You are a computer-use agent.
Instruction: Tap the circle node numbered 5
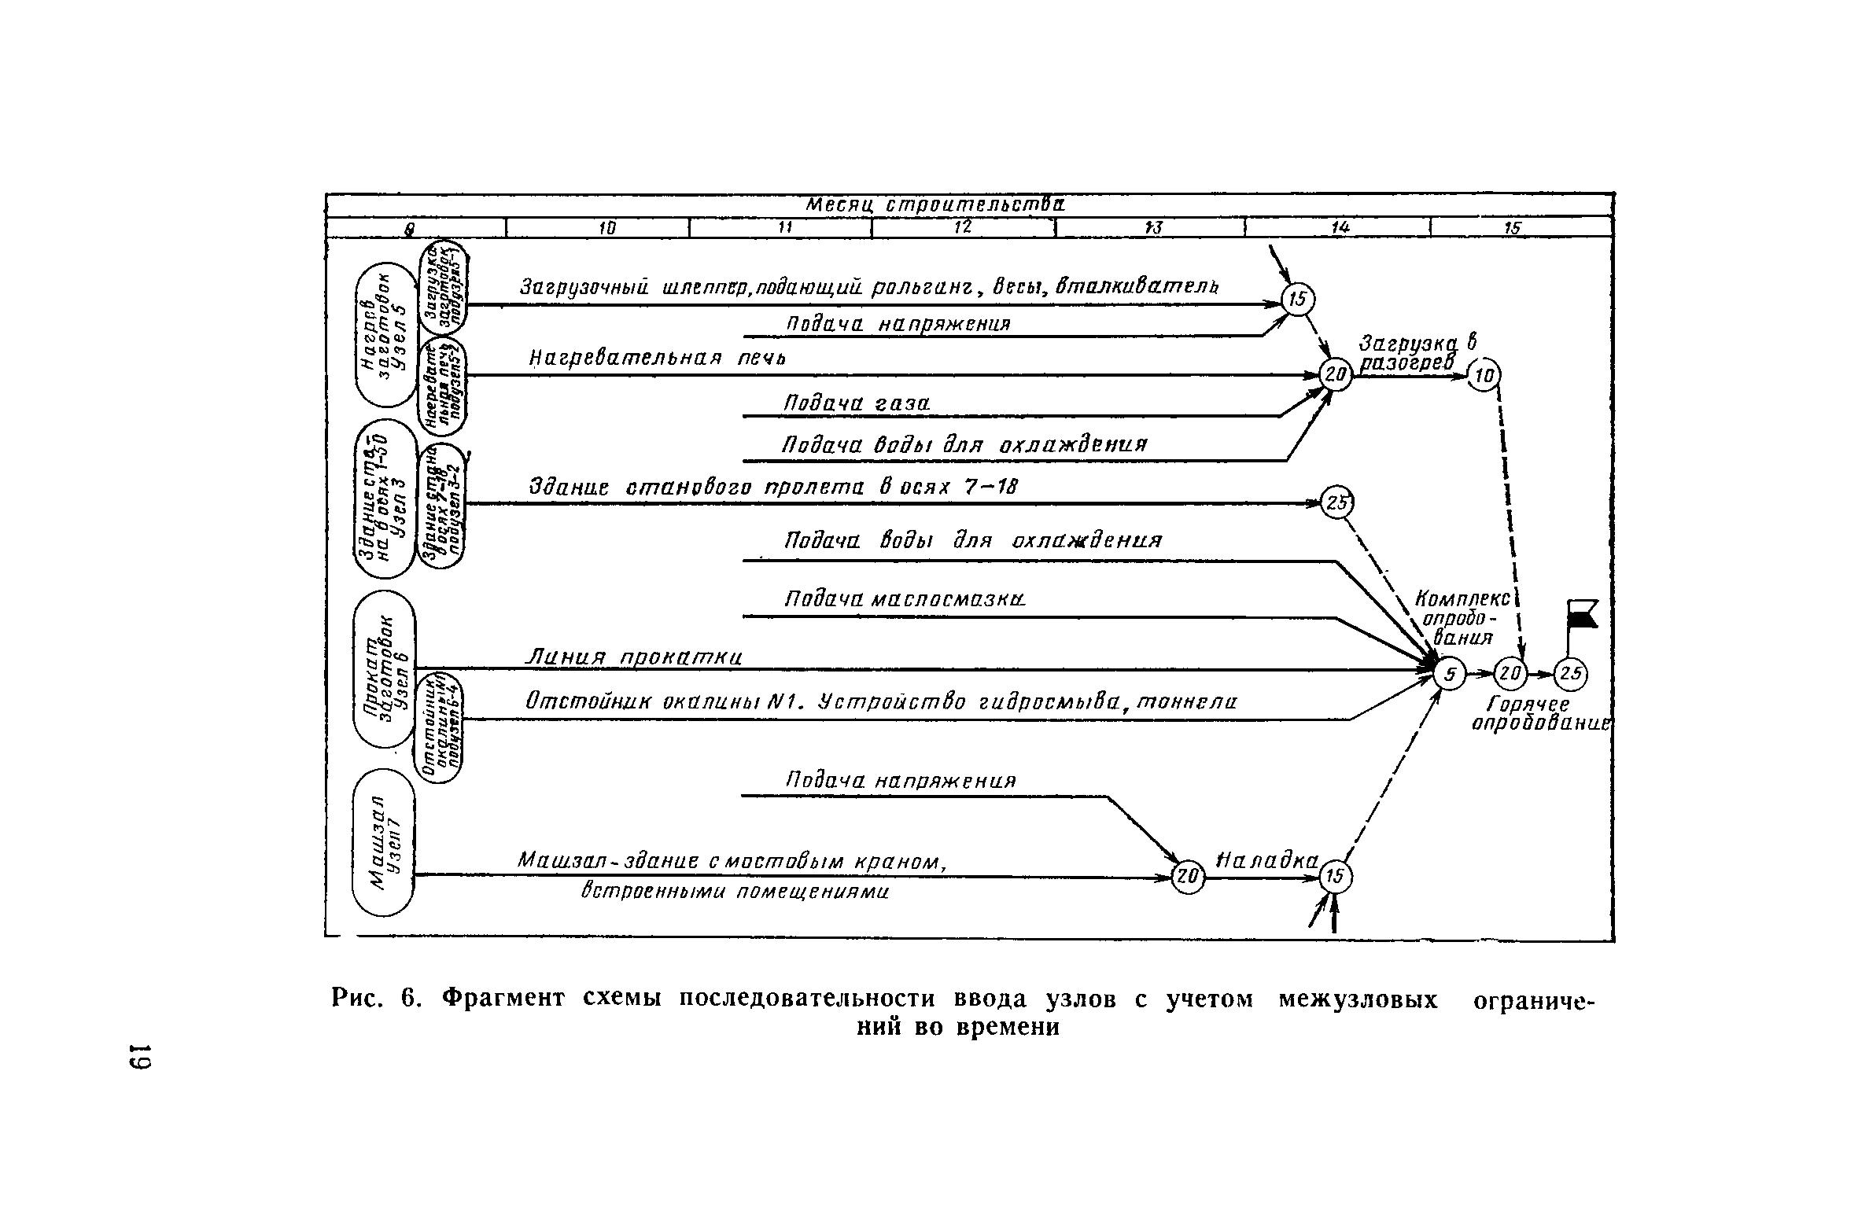point(1449,674)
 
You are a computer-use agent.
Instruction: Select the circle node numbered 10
point(1485,374)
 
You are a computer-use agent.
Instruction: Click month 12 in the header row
point(963,227)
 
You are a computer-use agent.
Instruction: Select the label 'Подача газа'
point(857,403)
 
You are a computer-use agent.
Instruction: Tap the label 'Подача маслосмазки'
point(905,599)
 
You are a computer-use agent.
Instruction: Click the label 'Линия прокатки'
point(633,657)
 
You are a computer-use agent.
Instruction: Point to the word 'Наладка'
point(1267,860)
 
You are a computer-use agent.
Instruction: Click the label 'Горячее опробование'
point(1539,714)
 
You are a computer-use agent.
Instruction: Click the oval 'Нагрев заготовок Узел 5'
point(385,335)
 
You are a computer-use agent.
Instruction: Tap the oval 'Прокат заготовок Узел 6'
point(384,669)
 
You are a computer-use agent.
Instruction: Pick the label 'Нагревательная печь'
point(658,359)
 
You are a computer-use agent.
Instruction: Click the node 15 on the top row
point(1298,299)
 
